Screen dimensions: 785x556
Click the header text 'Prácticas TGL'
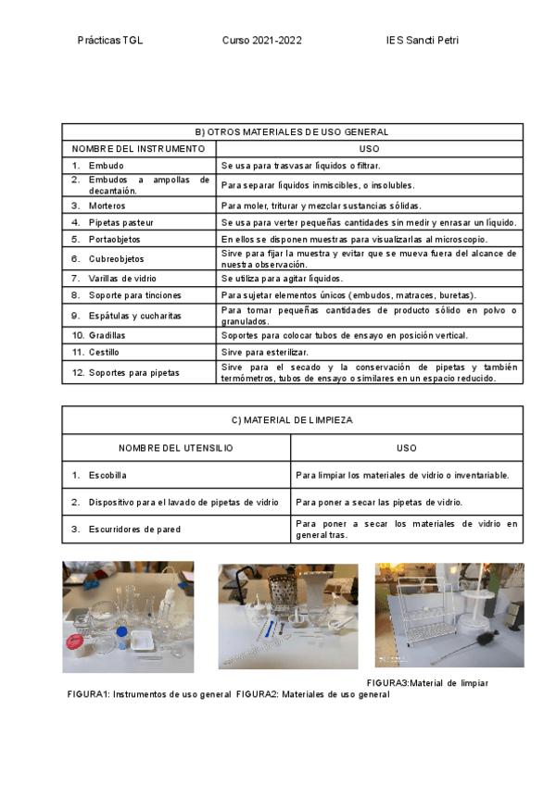click(x=110, y=41)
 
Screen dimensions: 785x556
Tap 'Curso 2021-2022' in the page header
click(x=261, y=41)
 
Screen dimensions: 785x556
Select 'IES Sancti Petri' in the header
click(x=423, y=41)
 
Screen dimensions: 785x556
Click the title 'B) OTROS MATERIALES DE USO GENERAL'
click(x=292, y=132)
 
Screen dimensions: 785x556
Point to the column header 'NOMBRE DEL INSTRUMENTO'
click(x=138, y=148)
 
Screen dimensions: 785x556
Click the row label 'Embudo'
click(x=107, y=165)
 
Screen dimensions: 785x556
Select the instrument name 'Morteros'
click(x=107, y=206)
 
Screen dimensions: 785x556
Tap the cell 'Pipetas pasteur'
click(x=121, y=222)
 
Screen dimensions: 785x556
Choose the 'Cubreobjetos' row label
click(x=117, y=259)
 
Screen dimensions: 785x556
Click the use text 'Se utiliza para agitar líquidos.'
click(x=282, y=278)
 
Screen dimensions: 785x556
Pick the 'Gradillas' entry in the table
click(x=107, y=335)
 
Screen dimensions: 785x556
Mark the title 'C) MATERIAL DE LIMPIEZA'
click(x=292, y=420)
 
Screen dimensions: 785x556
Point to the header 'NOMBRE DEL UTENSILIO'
click(x=176, y=448)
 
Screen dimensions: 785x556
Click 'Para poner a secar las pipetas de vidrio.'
click(x=392, y=502)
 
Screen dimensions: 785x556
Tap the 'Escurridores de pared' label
click(x=134, y=530)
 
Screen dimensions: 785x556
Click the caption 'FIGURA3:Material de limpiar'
click(x=427, y=683)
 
